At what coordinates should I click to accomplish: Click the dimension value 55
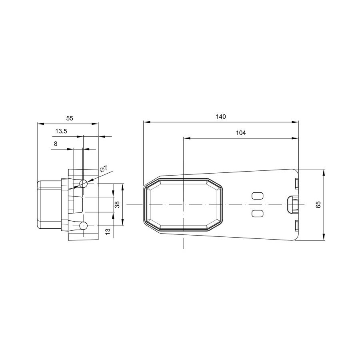coord(70,118)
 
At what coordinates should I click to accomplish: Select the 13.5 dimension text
coord(61,131)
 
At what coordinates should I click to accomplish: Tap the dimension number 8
coord(56,143)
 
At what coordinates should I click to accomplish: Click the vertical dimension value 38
coord(117,204)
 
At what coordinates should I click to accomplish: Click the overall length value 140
coord(221,117)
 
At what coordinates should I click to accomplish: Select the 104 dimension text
coord(241,133)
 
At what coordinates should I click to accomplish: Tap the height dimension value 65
coord(318,204)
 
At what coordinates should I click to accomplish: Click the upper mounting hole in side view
coord(83,184)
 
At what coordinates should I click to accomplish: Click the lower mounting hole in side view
coord(83,226)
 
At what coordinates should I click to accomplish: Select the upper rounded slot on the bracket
coord(257,196)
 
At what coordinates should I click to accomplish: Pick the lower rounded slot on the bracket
coord(257,213)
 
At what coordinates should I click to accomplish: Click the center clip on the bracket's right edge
coord(293,204)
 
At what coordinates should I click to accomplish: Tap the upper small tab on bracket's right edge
coord(296,184)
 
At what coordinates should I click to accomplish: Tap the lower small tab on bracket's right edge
coord(296,226)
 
